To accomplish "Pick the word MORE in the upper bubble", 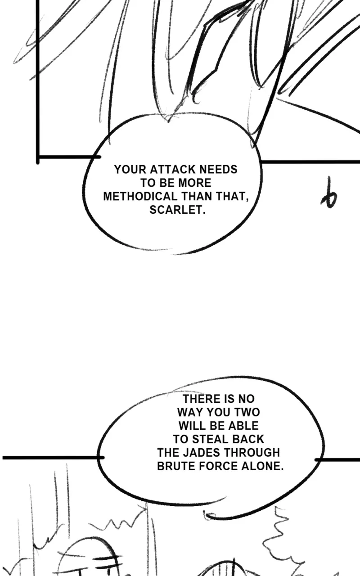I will coord(194,183).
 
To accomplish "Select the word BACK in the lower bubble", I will coord(248,439).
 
